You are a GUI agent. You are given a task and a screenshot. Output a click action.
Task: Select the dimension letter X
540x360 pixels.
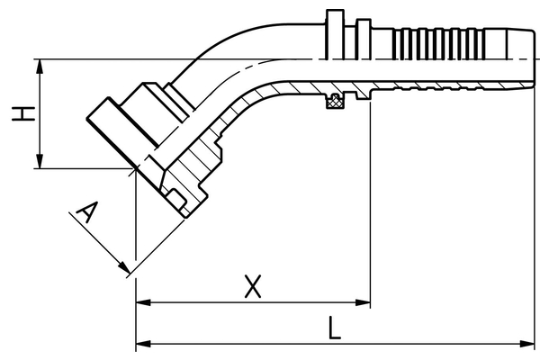click(255, 287)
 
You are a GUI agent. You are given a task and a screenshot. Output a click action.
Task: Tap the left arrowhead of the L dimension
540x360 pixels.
click(141, 345)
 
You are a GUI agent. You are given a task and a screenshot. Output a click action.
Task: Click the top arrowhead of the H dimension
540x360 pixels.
click(40, 66)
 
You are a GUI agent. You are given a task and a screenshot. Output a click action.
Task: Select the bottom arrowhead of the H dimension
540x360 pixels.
click(40, 163)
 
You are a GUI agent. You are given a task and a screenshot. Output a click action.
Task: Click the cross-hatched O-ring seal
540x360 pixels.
click(336, 102)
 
